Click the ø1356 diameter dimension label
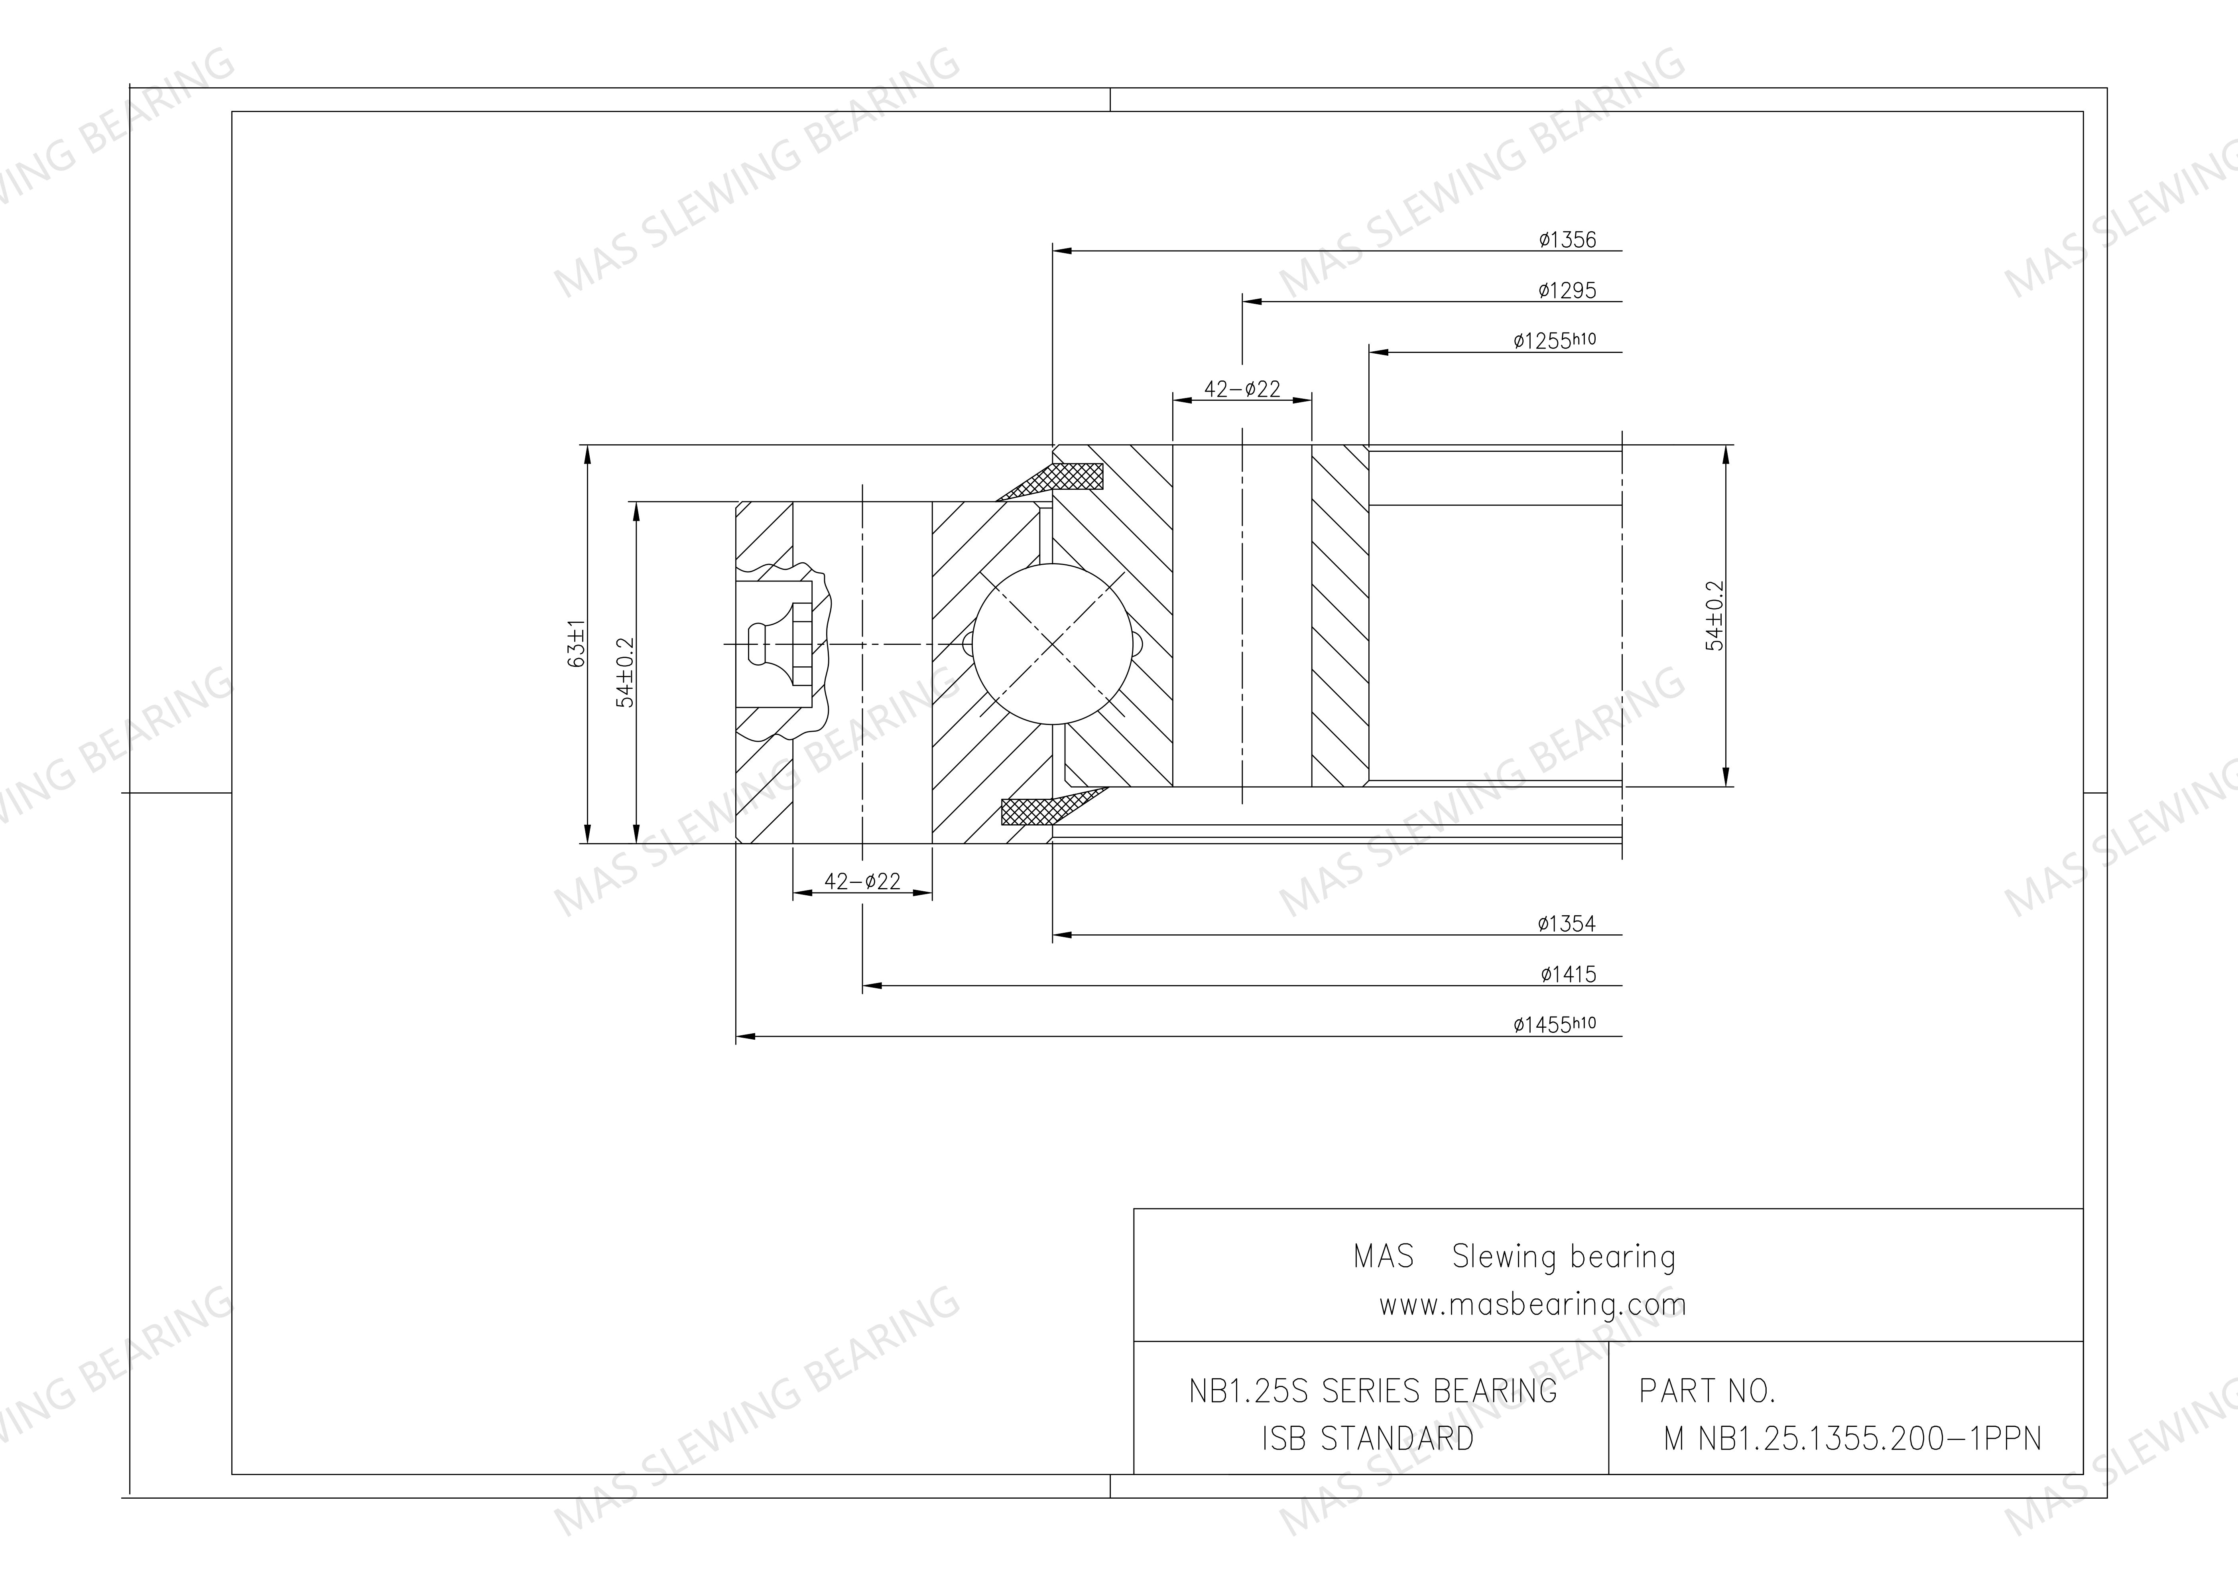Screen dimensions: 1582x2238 point(1567,240)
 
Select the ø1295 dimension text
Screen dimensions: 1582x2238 point(1567,290)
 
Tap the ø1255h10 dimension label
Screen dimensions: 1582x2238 point(1555,340)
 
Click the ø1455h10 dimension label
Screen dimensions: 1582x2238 point(1555,1024)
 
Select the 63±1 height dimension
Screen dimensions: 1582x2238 point(576,643)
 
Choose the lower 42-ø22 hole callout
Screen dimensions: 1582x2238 point(863,881)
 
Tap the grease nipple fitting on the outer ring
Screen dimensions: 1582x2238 point(780,643)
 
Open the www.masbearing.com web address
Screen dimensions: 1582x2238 point(1531,1304)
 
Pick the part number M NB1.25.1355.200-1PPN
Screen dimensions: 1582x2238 point(1852,1439)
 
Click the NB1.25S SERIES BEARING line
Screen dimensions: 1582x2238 point(1372,1391)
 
